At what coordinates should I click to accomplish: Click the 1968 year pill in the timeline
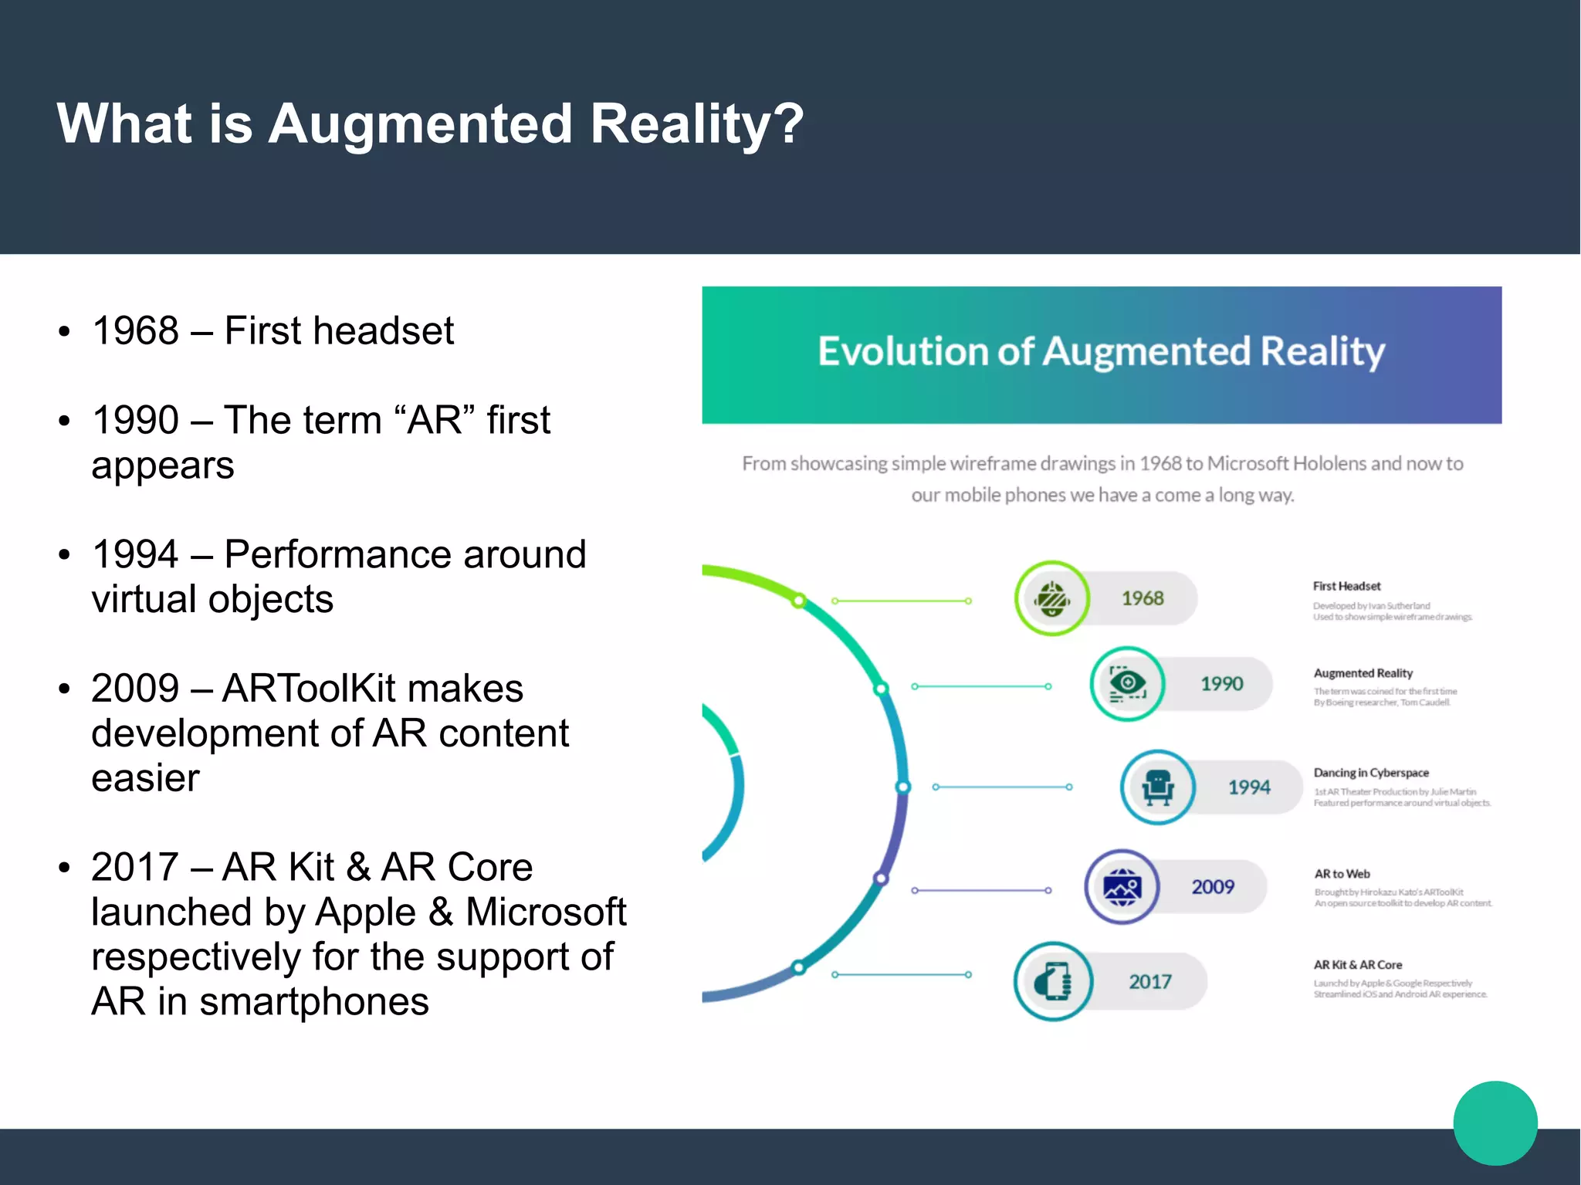[1143, 598]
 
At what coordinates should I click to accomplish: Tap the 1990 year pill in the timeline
[1221, 684]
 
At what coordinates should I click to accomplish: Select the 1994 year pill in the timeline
[1249, 787]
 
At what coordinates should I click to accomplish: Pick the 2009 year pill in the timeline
[1213, 887]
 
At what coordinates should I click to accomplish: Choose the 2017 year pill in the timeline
[1150, 982]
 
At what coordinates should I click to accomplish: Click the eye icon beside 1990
[1127, 684]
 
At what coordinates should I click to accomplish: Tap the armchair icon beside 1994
[1158, 787]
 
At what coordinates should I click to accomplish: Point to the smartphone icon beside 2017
[1053, 982]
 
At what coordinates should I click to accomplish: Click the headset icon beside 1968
[1051, 598]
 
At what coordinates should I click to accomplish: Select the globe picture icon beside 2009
[1122, 887]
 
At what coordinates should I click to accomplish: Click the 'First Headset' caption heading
[1346, 587]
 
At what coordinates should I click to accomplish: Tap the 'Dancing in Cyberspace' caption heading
[1371, 773]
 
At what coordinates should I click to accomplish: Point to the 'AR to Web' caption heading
[1342, 874]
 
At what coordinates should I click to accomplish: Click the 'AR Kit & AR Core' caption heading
[1357, 965]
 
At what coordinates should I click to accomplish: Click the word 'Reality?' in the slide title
[697, 124]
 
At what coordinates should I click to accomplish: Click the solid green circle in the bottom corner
[1495, 1123]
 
